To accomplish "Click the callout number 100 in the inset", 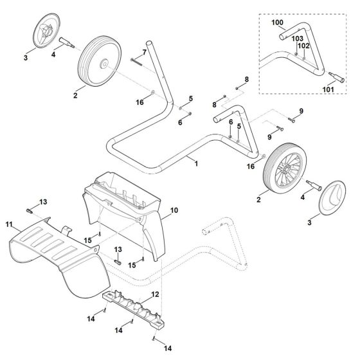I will tap(277, 22).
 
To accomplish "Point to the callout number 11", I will tap(9, 224).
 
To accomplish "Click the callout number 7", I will tap(144, 52).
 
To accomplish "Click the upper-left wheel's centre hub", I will tap(104, 65).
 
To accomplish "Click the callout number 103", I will tap(296, 39).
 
